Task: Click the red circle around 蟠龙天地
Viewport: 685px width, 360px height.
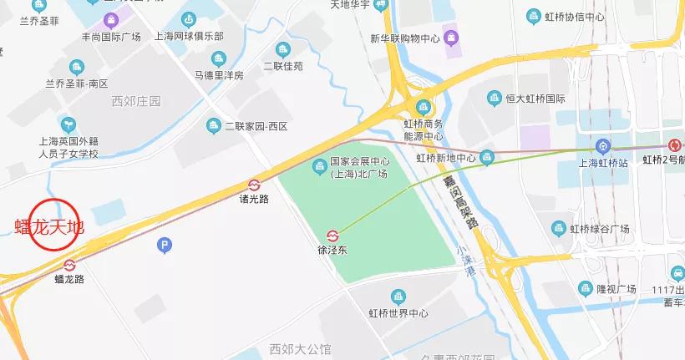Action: (x=53, y=226)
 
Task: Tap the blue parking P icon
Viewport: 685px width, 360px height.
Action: (x=165, y=245)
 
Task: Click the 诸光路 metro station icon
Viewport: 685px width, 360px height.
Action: (x=254, y=185)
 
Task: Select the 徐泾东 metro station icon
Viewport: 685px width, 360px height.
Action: (x=332, y=235)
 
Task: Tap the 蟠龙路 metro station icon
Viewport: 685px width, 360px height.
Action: (x=69, y=265)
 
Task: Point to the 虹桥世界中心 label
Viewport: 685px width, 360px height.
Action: (x=398, y=313)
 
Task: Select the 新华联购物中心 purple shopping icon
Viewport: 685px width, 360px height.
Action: (x=451, y=37)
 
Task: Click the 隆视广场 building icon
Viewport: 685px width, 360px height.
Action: (x=585, y=288)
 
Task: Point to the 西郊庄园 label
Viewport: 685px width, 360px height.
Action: (x=135, y=101)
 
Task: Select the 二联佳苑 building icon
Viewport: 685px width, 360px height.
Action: (x=283, y=49)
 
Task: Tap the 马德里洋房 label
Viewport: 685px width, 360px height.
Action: (x=219, y=75)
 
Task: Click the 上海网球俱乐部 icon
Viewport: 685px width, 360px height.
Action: (x=189, y=19)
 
